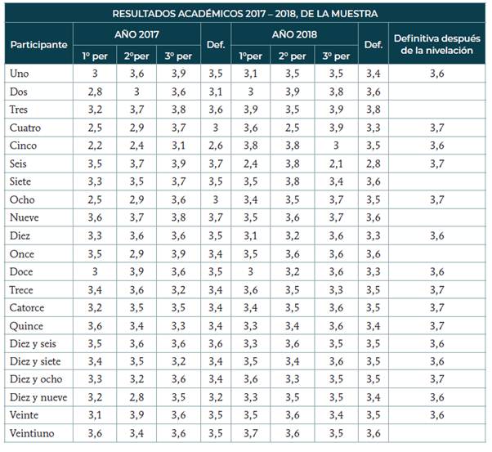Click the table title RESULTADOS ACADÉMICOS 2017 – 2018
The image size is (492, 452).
(x=245, y=13)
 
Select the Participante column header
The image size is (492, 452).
(x=38, y=44)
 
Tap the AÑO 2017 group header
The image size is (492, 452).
(x=136, y=35)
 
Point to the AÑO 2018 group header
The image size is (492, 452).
(x=294, y=35)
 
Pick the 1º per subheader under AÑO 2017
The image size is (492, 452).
(x=96, y=56)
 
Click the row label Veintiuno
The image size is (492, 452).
(x=34, y=433)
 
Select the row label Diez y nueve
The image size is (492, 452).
(x=39, y=397)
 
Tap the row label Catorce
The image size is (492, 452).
(x=29, y=308)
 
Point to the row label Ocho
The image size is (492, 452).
(x=22, y=199)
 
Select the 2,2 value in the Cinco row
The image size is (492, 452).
(x=96, y=145)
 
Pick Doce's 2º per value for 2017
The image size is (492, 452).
(x=136, y=271)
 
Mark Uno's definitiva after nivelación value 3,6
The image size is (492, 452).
(x=436, y=74)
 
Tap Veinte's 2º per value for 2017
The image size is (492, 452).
(x=136, y=415)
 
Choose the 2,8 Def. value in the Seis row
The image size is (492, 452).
(x=373, y=163)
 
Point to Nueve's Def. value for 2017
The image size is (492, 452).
(x=216, y=217)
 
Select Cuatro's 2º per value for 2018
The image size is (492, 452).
(x=293, y=128)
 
